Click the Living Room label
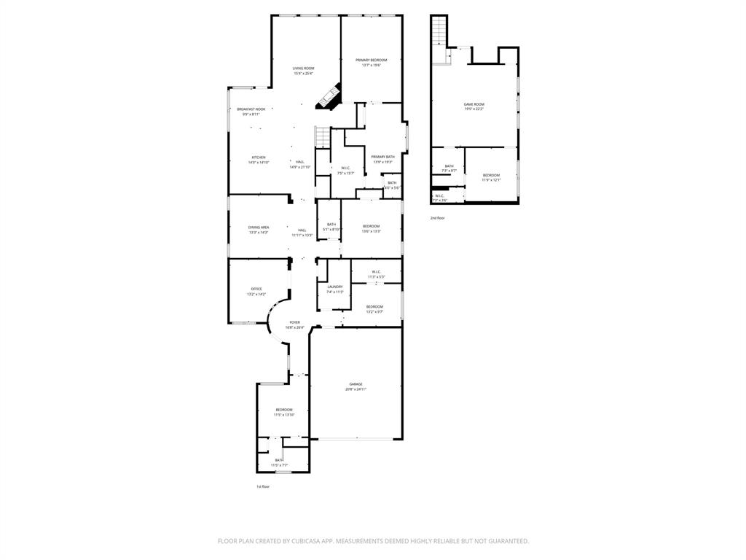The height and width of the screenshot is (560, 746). (303, 68)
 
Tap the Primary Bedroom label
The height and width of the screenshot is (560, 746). (371, 60)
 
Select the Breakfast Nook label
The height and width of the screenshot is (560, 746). (251, 109)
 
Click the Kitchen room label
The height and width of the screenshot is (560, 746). (259, 157)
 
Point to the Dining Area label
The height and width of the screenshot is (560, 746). (259, 227)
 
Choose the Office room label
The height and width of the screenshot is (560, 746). (256, 289)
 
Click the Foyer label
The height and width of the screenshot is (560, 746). (294, 322)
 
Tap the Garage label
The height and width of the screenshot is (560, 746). (356, 384)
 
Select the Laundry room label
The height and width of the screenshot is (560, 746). (335, 287)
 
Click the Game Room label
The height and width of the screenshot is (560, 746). (474, 104)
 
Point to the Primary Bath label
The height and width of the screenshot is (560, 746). (382, 157)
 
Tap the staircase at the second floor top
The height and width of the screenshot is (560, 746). (439, 31)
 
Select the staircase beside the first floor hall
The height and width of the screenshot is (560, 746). (322, 136)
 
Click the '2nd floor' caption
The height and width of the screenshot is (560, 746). (437, 218)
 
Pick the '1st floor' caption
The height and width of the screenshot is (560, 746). (262, 486)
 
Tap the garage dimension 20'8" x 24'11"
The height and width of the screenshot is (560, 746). (356, 389)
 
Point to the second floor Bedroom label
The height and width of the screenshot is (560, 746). (492, 174)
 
